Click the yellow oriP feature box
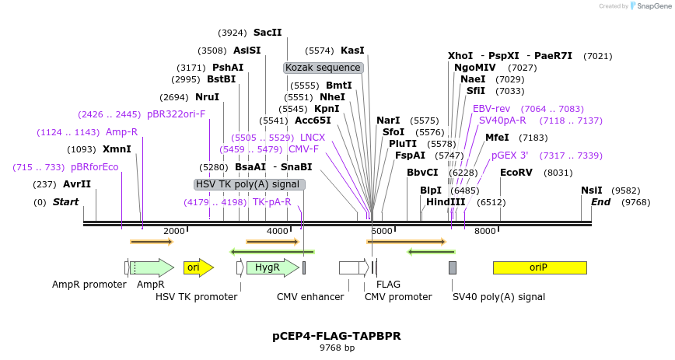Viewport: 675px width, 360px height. coord(540,267)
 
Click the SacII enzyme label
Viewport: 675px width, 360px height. coord(268,33)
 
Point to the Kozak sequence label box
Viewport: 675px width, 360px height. coord(323,68)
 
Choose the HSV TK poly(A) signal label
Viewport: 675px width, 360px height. coord(249,184)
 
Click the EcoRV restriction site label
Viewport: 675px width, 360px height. coord(516,173)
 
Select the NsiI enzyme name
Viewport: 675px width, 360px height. coord(592,190)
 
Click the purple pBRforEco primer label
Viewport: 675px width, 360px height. coord(94,167)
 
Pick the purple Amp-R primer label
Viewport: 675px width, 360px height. coord(121,132)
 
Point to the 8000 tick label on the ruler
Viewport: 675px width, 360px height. coord(484,231)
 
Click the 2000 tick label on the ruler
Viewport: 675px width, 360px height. coord(173,231)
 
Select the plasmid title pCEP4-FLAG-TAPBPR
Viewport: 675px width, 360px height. coord(337,336)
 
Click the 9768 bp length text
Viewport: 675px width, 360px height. coord(337,348)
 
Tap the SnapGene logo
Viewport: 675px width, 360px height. coord(649,6)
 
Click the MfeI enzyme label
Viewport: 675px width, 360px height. coord(497,138)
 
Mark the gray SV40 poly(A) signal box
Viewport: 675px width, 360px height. coord(453,267)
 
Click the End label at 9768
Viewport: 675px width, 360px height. coord(601,202)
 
